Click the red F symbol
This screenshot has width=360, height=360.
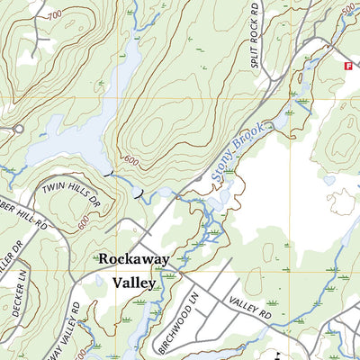pos(346,65)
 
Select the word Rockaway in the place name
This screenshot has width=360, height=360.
pos(133,258)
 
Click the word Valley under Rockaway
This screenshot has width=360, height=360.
pos(134,282)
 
